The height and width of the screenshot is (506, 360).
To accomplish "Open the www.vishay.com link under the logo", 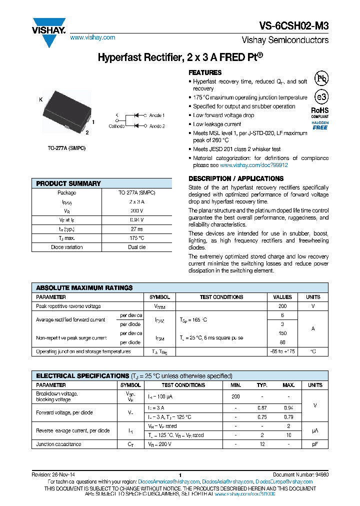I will (92, 37).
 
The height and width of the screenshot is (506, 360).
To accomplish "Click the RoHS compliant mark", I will (320, 112).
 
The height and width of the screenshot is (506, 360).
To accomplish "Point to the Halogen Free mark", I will (320, 125).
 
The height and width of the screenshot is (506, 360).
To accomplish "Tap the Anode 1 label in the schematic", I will (157, 115).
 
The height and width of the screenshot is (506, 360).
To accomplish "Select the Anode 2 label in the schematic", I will (157, 126).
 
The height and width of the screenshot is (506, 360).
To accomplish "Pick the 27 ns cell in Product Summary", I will (136, 229).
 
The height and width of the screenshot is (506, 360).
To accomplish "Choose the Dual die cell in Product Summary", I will (136, 247).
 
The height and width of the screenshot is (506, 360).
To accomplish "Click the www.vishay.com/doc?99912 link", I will (253, 165).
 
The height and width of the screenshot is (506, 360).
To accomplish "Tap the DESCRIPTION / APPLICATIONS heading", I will (236, 178).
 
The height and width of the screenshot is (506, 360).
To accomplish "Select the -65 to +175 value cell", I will (282, 351).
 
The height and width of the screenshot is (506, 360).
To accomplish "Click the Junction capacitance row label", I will (58, 444).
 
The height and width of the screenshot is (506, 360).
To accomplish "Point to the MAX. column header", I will (288, 385).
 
